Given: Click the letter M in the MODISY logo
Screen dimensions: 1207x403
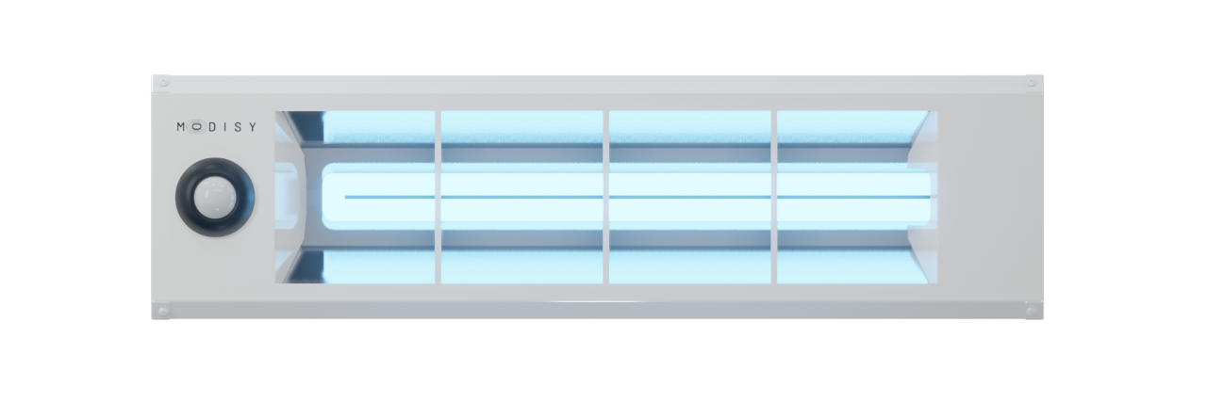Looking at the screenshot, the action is [x=181, y=127].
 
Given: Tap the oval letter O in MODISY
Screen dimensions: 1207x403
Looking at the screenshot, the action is [x=197, y=127].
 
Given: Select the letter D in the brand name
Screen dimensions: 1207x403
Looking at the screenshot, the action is [x=212, y=127].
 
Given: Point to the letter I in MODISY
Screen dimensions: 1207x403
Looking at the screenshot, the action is [x=225, y=127].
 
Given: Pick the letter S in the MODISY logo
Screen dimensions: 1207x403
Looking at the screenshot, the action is [x=238, y=127].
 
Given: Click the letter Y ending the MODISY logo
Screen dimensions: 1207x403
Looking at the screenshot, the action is [x=252, y=127].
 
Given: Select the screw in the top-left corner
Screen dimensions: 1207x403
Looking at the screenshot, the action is [x=163, y=83].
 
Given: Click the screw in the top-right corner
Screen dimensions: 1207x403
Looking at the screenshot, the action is [x=1032, y=83].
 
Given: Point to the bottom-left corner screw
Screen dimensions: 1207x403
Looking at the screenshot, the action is [x=163, y=311].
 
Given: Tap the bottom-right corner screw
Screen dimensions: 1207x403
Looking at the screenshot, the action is [x=1032, y=311].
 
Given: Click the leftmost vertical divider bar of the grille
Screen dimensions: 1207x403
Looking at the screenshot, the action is [x=438, y=197].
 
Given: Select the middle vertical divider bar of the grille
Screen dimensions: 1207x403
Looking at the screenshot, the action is [x=606, y=197].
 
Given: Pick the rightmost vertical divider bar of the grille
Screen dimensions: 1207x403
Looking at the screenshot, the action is [x=774, y=197].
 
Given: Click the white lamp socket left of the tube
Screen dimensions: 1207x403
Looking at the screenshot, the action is [x=288, y=197].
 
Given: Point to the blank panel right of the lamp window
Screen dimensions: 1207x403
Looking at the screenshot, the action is [x=989, y=197].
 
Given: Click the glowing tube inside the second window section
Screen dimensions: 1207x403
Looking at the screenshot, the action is [x=522, y=197].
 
